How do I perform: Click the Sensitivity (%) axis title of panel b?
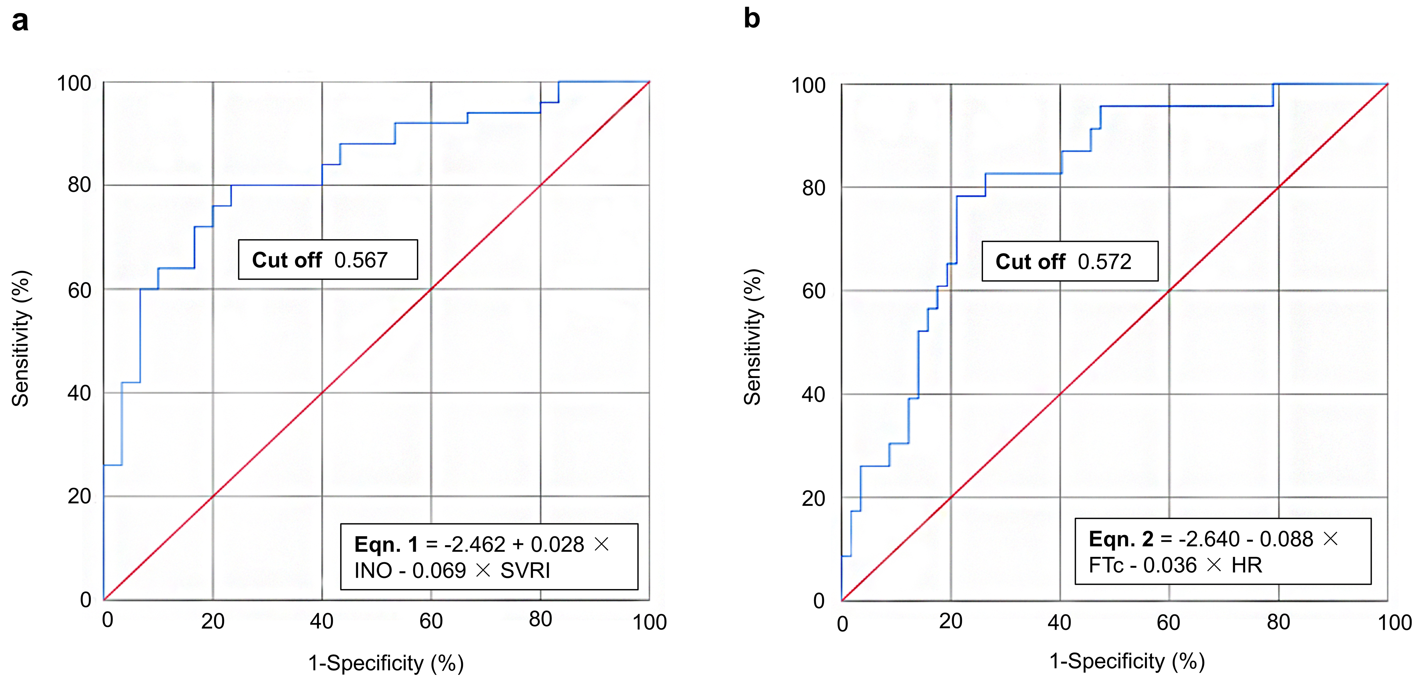point(753,337)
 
